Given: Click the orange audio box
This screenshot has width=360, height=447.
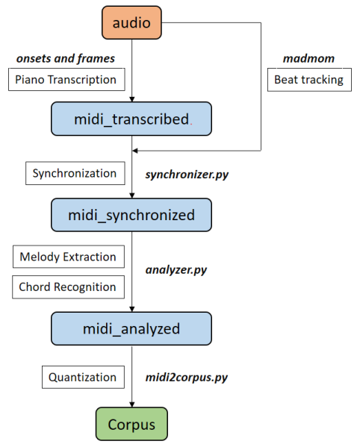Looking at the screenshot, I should coord(131,23).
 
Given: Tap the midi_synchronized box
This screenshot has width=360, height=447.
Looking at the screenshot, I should coord(131,215).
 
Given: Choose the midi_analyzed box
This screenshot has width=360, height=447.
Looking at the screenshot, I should coord(131,327).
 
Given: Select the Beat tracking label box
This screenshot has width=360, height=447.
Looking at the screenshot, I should coord(308,80).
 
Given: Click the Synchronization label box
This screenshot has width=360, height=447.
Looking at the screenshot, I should coord(75,173).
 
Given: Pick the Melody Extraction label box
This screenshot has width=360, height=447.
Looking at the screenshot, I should coord(68,257).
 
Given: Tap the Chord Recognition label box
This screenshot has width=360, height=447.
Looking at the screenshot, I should coord(68,287).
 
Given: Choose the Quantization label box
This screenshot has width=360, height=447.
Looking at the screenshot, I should coord(83,378).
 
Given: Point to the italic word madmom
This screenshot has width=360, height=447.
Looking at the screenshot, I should coord(308,57).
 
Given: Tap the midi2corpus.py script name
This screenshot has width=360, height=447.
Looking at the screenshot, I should coord(187,378).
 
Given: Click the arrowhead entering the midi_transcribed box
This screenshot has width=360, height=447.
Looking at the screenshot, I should coord(131,99).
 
